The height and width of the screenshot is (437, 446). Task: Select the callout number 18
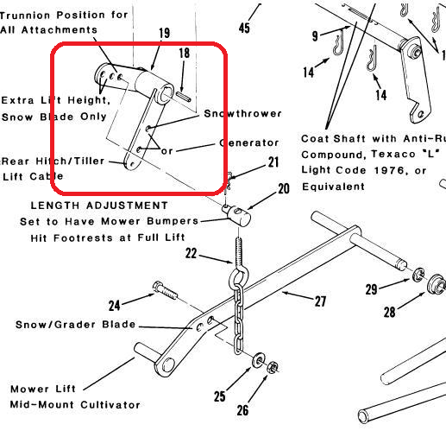(x=184, y=54)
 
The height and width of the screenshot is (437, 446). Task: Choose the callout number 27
(x=322, y=302)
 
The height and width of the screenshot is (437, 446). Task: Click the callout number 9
(x=316, y=36)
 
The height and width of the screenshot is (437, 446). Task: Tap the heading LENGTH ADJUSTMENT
(x=99, y=206)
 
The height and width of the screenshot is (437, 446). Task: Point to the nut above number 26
(x=273, y=365)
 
